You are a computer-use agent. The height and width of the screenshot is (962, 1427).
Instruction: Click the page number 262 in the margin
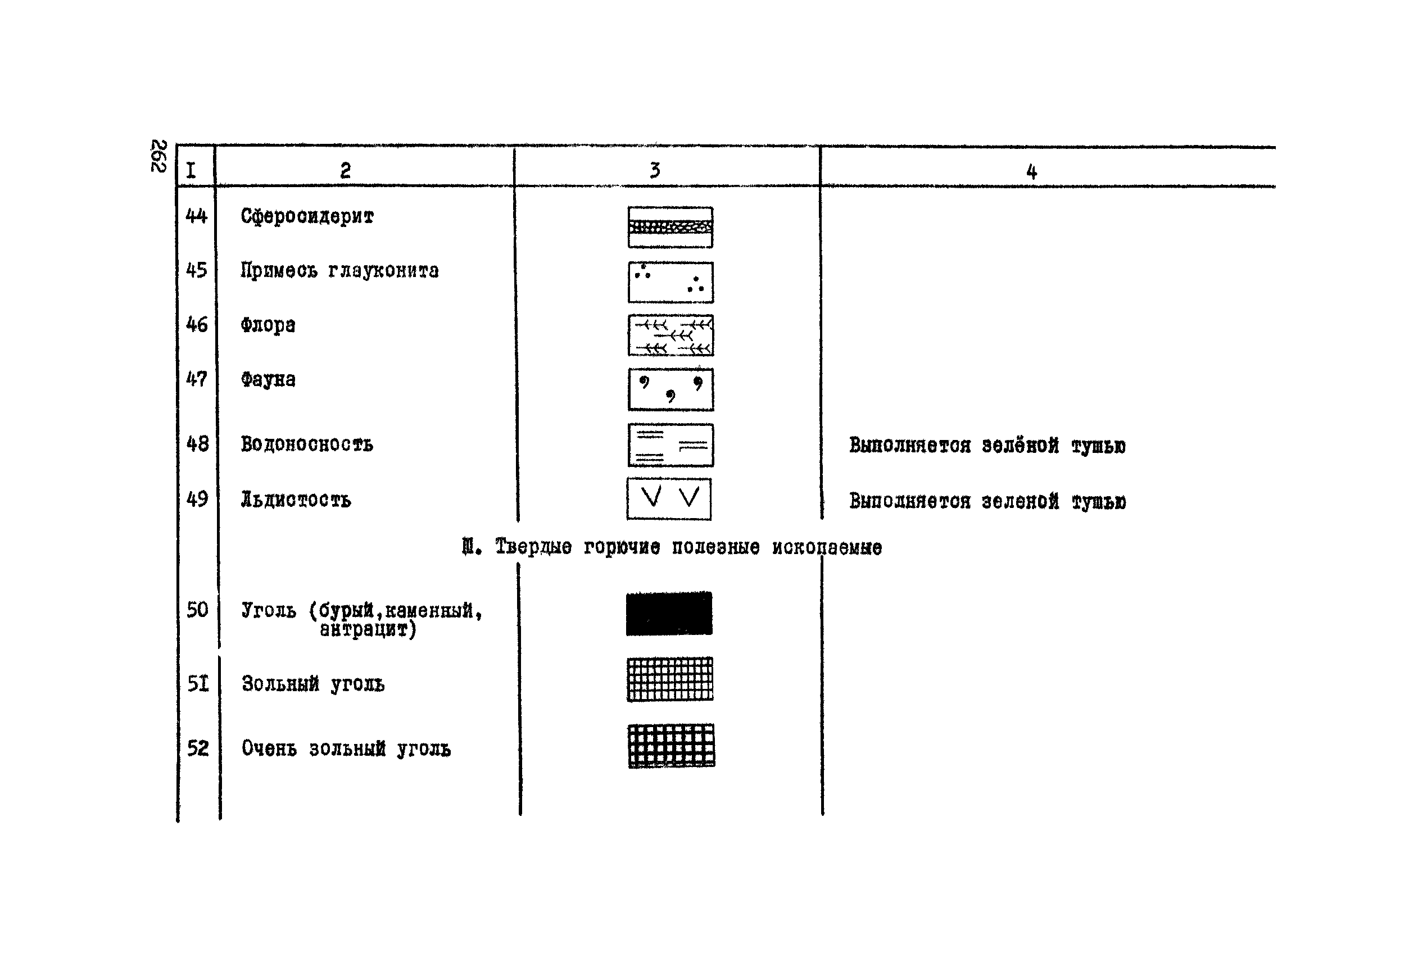click(x=158, y=156)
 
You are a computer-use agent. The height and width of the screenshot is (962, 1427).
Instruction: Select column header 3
click(x=655, y=170)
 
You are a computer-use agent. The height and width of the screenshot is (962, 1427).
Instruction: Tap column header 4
click(x=1031, y=171)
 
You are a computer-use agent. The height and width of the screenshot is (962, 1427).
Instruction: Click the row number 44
click(x=196, y=216)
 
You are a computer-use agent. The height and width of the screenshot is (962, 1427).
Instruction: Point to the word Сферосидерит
click(x=307, y=216)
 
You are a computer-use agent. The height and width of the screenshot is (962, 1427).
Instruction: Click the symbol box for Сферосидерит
click(x=670, y=227)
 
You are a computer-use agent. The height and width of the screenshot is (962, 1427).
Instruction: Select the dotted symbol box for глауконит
click(x=670, y=282)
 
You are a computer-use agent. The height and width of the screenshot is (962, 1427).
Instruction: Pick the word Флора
click(x=268, y=325)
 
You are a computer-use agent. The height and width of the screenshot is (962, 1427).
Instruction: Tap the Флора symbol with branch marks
click(x=670, y=335)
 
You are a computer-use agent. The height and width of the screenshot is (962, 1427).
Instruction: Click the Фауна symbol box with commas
click(x=670, y=389)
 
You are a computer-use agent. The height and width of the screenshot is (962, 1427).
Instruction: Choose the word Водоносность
click(x=306, y=443)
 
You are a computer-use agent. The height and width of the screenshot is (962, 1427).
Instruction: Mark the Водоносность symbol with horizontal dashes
click(x=670, y=445)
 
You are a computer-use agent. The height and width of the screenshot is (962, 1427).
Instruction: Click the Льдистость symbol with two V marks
click(x=669, y=499)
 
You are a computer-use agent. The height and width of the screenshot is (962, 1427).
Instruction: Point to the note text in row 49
click(x=986, y=501)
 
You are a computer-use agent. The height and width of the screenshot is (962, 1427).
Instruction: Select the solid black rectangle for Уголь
click(x=669, y=614)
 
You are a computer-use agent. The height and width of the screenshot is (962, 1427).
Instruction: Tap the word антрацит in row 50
click(x=368, y=629)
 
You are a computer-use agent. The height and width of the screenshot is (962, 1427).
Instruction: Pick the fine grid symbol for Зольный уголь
click(x=670, y=679)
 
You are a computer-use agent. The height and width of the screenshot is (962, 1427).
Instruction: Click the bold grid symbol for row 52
click(x=671, y=746)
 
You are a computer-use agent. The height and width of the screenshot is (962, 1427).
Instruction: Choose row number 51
click(x=197, y=683)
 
